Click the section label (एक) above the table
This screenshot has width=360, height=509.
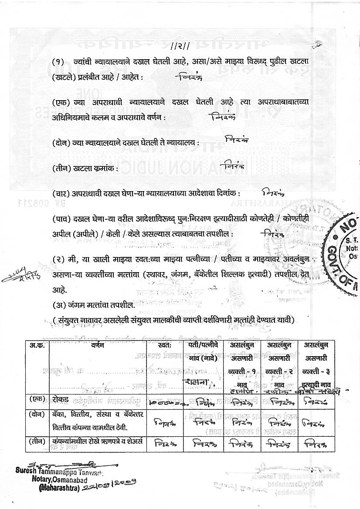(60, 102)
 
